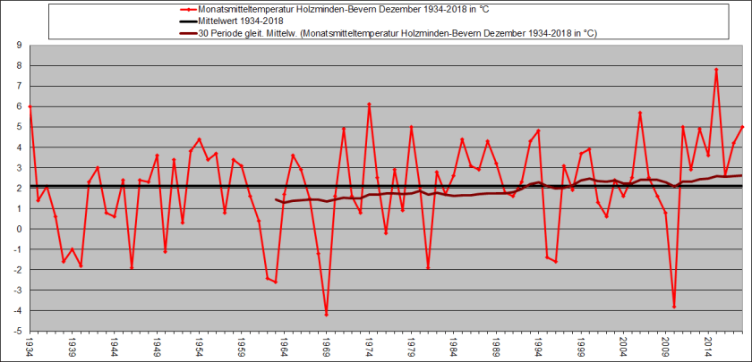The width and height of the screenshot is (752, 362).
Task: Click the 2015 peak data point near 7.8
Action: (x=716, y=70)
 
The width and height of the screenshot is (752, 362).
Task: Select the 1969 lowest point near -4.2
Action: (x=327, y=314)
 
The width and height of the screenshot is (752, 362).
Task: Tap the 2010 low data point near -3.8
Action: (x=674, y=307)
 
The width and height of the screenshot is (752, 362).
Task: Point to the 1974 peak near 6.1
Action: (x=369, y=105)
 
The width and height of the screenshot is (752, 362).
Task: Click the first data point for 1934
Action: (x=30, y=106)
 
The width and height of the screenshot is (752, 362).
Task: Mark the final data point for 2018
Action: (x=742, y=127)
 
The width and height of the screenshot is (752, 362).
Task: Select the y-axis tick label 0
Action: (x=19, y=229)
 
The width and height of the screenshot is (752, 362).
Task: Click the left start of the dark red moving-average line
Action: (x=276, y=200)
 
